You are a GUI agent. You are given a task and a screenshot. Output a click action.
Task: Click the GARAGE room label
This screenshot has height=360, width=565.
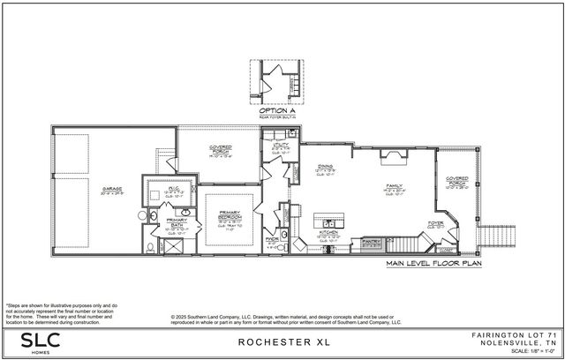[x=110, y=188]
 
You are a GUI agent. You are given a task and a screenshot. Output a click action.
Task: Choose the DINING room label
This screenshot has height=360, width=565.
[x=327, y=170]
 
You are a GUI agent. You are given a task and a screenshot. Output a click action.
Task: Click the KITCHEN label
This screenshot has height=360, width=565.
[x=327, y=233]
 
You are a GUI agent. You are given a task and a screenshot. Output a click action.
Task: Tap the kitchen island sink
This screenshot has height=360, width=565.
[x=328, y=219]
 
